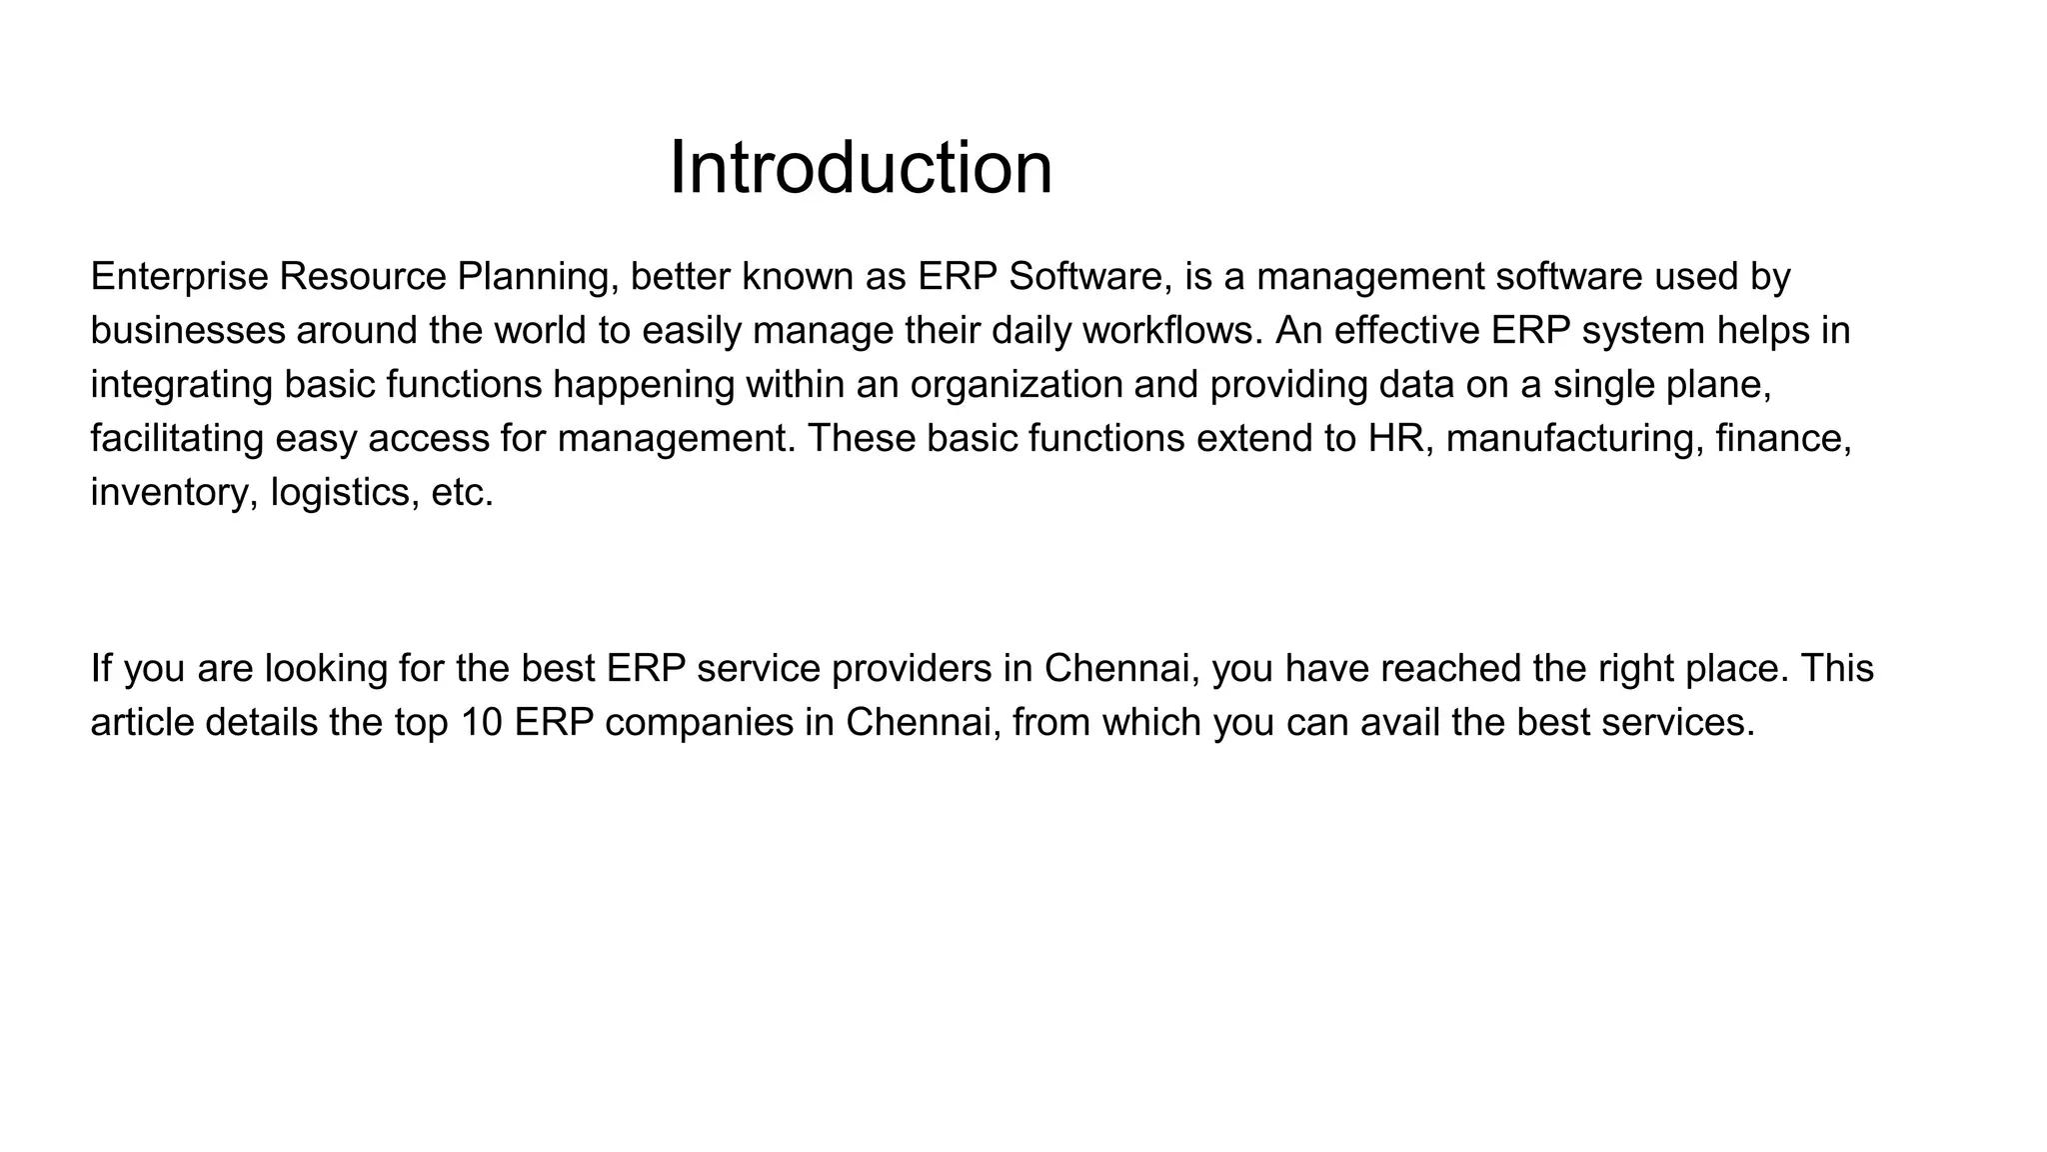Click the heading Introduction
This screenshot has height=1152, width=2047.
click(x=861, y=167)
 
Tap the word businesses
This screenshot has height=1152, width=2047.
click(x=188, y=331)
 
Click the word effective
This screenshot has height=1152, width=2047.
click(x=1406, y=331)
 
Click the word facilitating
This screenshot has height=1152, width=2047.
click(x=176, y=439)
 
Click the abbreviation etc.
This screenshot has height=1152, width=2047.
click(x=462, y=493)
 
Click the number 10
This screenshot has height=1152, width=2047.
click(x=482, y=723)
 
